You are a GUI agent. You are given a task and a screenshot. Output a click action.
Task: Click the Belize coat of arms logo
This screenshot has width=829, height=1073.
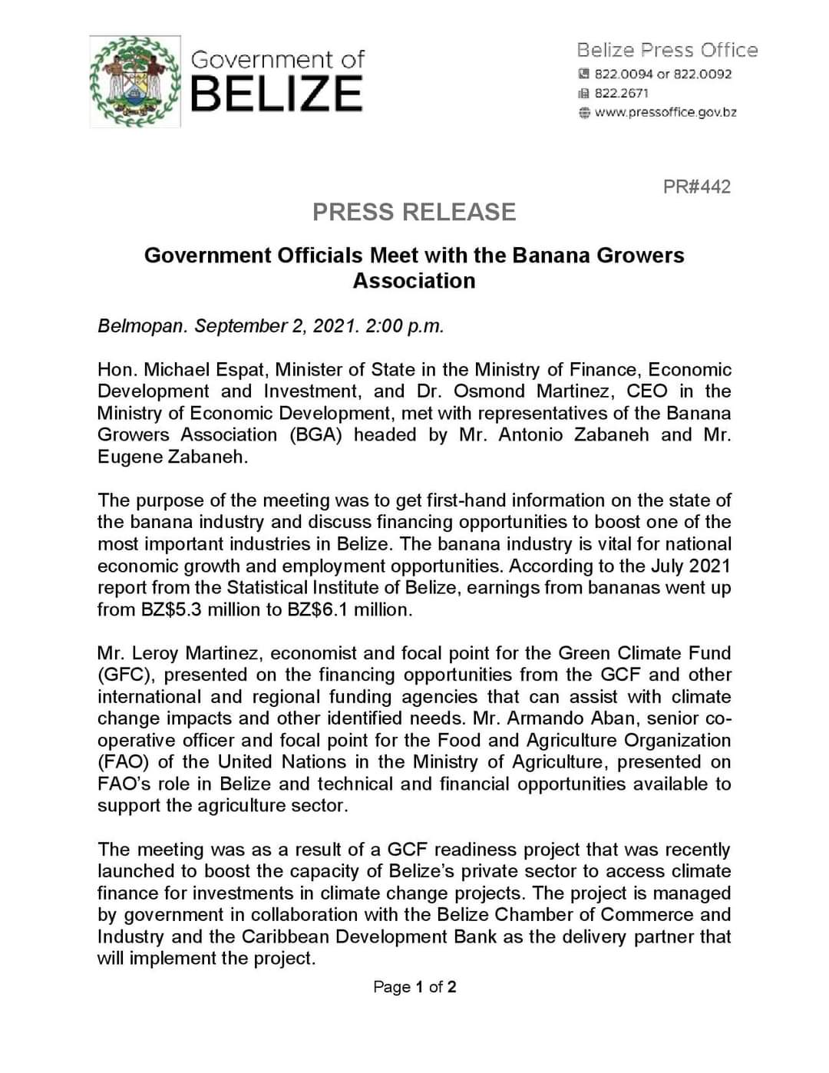tap(135, 81)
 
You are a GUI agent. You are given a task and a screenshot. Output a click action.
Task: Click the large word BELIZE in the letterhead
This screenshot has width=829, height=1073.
tap(276, 94)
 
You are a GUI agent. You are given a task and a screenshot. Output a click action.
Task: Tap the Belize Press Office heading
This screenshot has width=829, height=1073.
tap(667, 51)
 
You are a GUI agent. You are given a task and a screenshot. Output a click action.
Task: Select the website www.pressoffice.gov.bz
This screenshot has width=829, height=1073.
tap(666, 112)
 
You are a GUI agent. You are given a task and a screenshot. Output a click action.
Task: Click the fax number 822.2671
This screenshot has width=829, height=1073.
tap(621, 93)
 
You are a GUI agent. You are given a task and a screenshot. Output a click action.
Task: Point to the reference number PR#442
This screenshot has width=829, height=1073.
tap(696, 187)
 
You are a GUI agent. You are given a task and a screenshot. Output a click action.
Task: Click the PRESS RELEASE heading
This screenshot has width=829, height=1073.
tap(414, 212)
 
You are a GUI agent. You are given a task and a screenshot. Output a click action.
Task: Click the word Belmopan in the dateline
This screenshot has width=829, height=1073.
tap(141, 325)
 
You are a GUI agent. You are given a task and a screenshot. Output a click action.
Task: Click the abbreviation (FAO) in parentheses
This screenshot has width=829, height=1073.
tap(122, 761)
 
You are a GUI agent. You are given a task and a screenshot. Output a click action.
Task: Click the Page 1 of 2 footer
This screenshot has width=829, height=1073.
tap(414, 986)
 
